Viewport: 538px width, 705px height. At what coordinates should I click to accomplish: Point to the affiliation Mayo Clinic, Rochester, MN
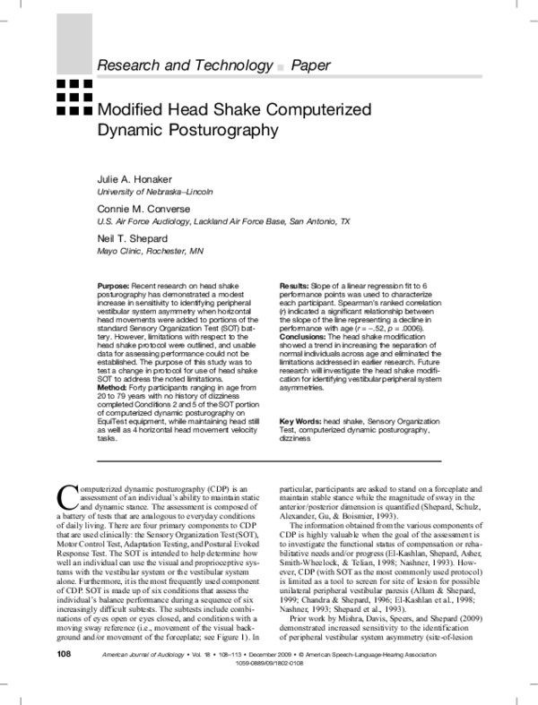(149, 251)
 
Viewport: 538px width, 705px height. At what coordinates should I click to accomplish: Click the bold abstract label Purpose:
(115, 285)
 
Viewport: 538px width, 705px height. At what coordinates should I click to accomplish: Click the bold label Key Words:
(300, 421)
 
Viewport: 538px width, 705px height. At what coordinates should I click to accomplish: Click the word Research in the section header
(131, 65)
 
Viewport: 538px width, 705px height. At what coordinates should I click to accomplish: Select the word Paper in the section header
(311, 65)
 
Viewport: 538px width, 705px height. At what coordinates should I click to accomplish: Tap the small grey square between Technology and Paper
(282, 67)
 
